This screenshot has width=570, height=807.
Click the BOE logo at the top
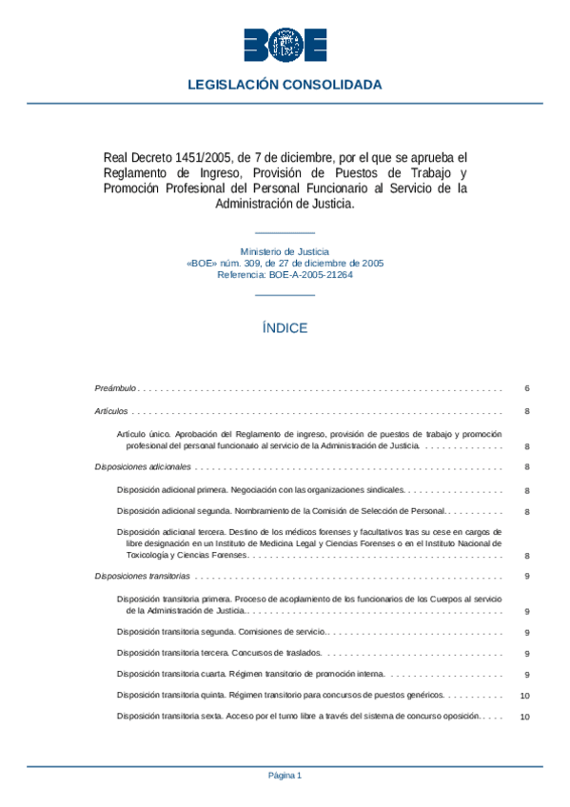pos(285,45)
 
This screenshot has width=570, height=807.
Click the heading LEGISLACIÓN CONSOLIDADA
pos(285,85)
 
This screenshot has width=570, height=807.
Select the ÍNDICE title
pos(285,328)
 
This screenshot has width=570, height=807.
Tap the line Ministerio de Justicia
pos(285,251)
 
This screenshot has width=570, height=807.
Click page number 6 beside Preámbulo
pos(526,388)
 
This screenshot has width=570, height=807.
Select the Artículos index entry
pos(111,411)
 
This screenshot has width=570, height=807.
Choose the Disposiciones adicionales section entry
pos(144,467)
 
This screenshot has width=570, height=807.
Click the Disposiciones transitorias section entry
pos(144,577)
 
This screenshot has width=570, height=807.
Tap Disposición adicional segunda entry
pos(281,512)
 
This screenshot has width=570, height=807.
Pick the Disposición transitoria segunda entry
pos(221,632)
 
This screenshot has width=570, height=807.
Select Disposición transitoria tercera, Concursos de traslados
pos(220,653)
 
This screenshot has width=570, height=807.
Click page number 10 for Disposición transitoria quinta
pos(525,696)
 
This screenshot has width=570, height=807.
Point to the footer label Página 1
pos(285,776)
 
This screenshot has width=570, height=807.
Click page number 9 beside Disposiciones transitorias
pos(526,577)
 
